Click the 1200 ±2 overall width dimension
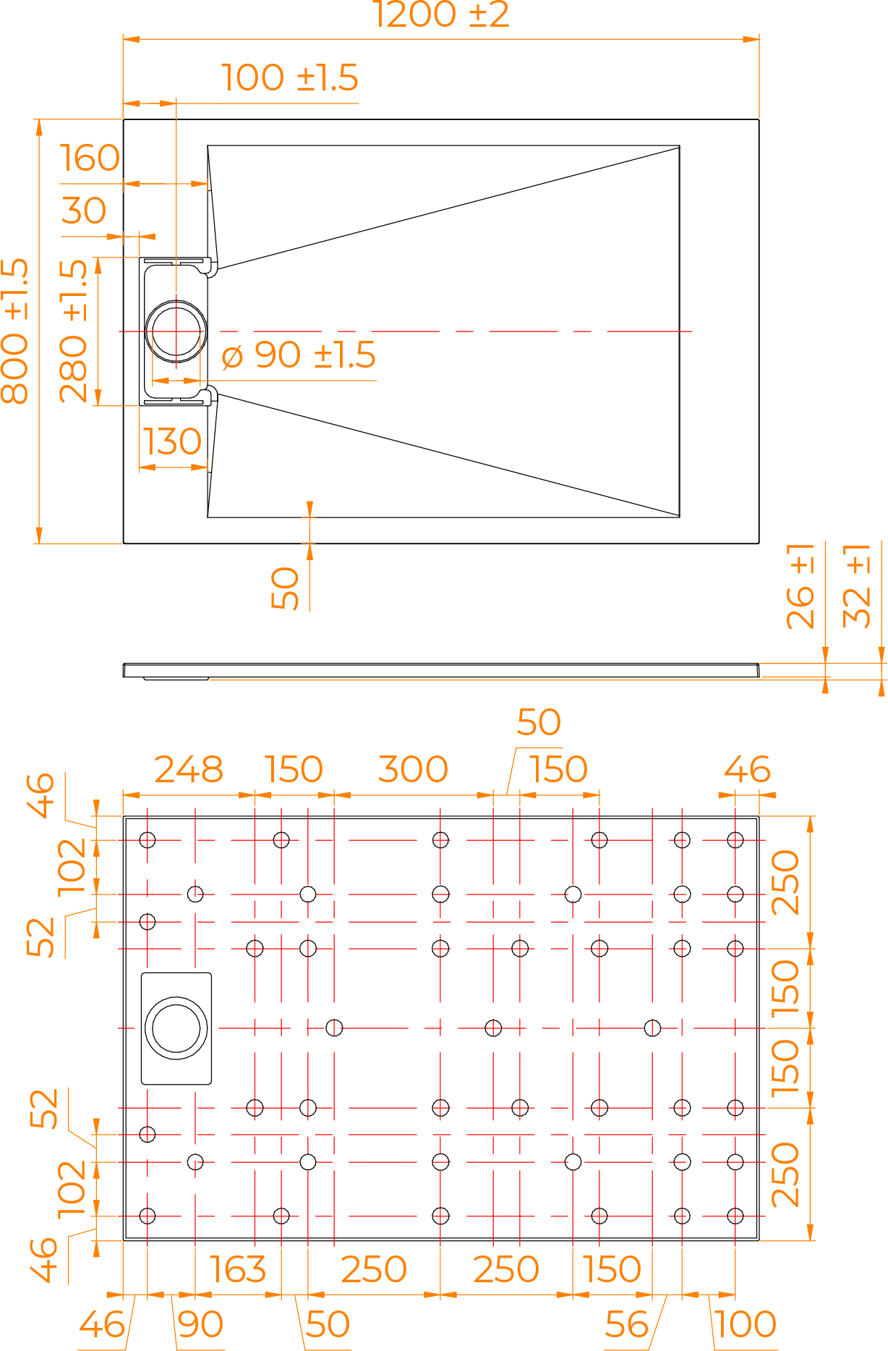tap(441, 14)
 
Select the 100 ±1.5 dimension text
tap(289, 77)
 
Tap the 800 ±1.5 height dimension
tap(14, 331)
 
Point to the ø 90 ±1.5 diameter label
tap(299, 355)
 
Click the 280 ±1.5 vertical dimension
tap(73, 331)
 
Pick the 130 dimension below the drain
tap(172, 441)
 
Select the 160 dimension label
tap(90, 158)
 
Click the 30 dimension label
tap(84, 211)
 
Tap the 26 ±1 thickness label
tap(801, 586)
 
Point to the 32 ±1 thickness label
tap(857, 586)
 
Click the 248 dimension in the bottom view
tap(189, 769)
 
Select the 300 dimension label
tap(413, 769)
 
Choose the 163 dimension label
tap(237, 1269)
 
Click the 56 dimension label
tap(627, 1324)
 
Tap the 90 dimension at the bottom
tap(200, 1324)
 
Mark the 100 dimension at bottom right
tap(746, 1324)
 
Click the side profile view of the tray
tap(441, 671)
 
